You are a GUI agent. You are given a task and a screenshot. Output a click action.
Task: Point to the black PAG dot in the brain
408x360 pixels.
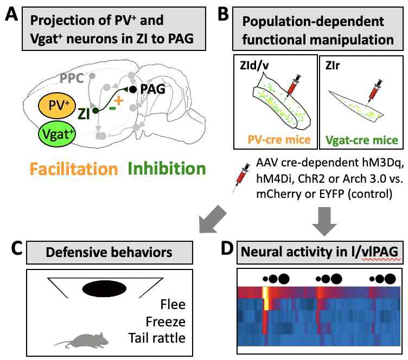coord(132,88)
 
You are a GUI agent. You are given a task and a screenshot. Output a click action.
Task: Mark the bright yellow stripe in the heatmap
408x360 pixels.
coord(266,298)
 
